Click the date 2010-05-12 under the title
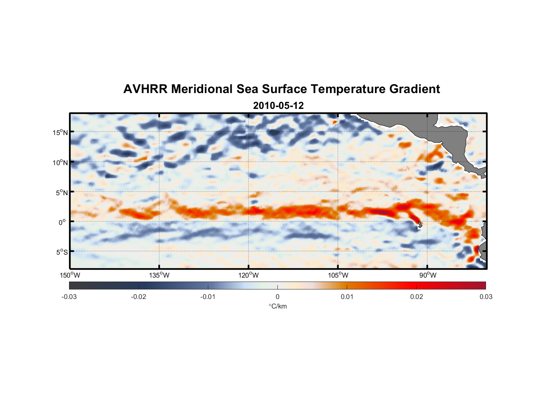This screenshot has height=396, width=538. (278, 106)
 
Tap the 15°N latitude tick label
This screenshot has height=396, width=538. (60, 132)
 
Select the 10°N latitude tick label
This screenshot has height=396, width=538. (60, 162)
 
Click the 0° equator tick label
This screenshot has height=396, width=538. (62, 222)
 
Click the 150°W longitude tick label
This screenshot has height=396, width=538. (70, 275)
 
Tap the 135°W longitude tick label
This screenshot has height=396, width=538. (159, 275)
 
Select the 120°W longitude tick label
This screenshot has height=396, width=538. (249, 275)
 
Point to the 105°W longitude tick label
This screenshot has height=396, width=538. (338, 275)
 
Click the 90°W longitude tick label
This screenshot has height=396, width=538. (428, 275)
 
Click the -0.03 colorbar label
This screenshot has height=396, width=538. (69, 297)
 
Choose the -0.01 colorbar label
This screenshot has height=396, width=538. (208, 297)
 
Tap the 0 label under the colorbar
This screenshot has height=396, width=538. (277, 297)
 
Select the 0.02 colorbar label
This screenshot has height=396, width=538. (417, 297)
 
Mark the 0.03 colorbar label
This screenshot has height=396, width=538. (486, 297)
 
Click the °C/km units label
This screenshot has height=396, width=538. (277, 306)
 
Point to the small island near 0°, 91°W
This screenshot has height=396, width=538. (420, 224)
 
